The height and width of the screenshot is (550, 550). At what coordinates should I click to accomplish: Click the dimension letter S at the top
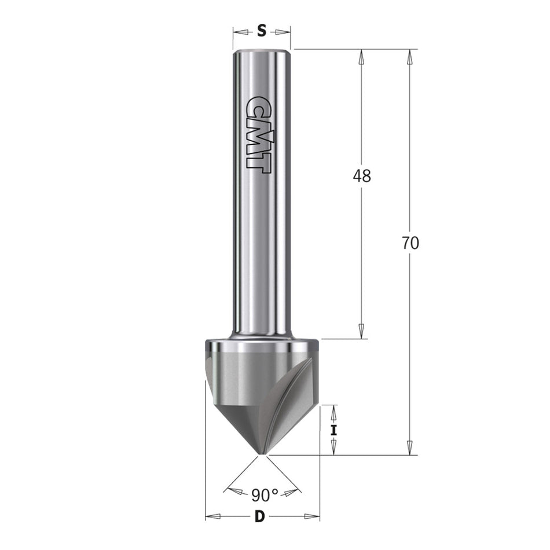coord(262,31)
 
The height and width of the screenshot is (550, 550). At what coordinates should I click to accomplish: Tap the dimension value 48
coord(362,176)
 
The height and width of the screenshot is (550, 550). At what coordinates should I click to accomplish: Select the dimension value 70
coord(410,243)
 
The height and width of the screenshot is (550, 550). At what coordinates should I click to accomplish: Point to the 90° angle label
coord(265,495)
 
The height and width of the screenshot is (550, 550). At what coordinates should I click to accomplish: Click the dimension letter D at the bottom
coord(259,516)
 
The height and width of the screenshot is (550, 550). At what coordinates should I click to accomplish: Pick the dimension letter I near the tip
coord(333,430)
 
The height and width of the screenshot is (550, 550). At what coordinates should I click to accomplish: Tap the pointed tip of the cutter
coord(260,454)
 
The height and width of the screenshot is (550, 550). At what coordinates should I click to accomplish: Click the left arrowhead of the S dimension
coord(241,32)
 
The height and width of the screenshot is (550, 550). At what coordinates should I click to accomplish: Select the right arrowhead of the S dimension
coord(283,32)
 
